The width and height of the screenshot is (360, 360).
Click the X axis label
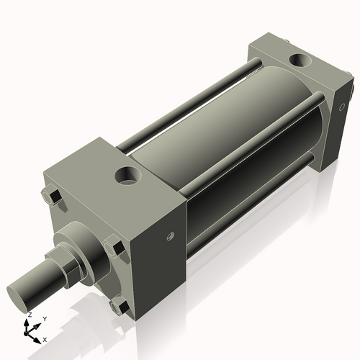coord(45,339)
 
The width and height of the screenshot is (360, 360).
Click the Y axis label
coord(44,318)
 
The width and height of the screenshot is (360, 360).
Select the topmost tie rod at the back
coord(194,101)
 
